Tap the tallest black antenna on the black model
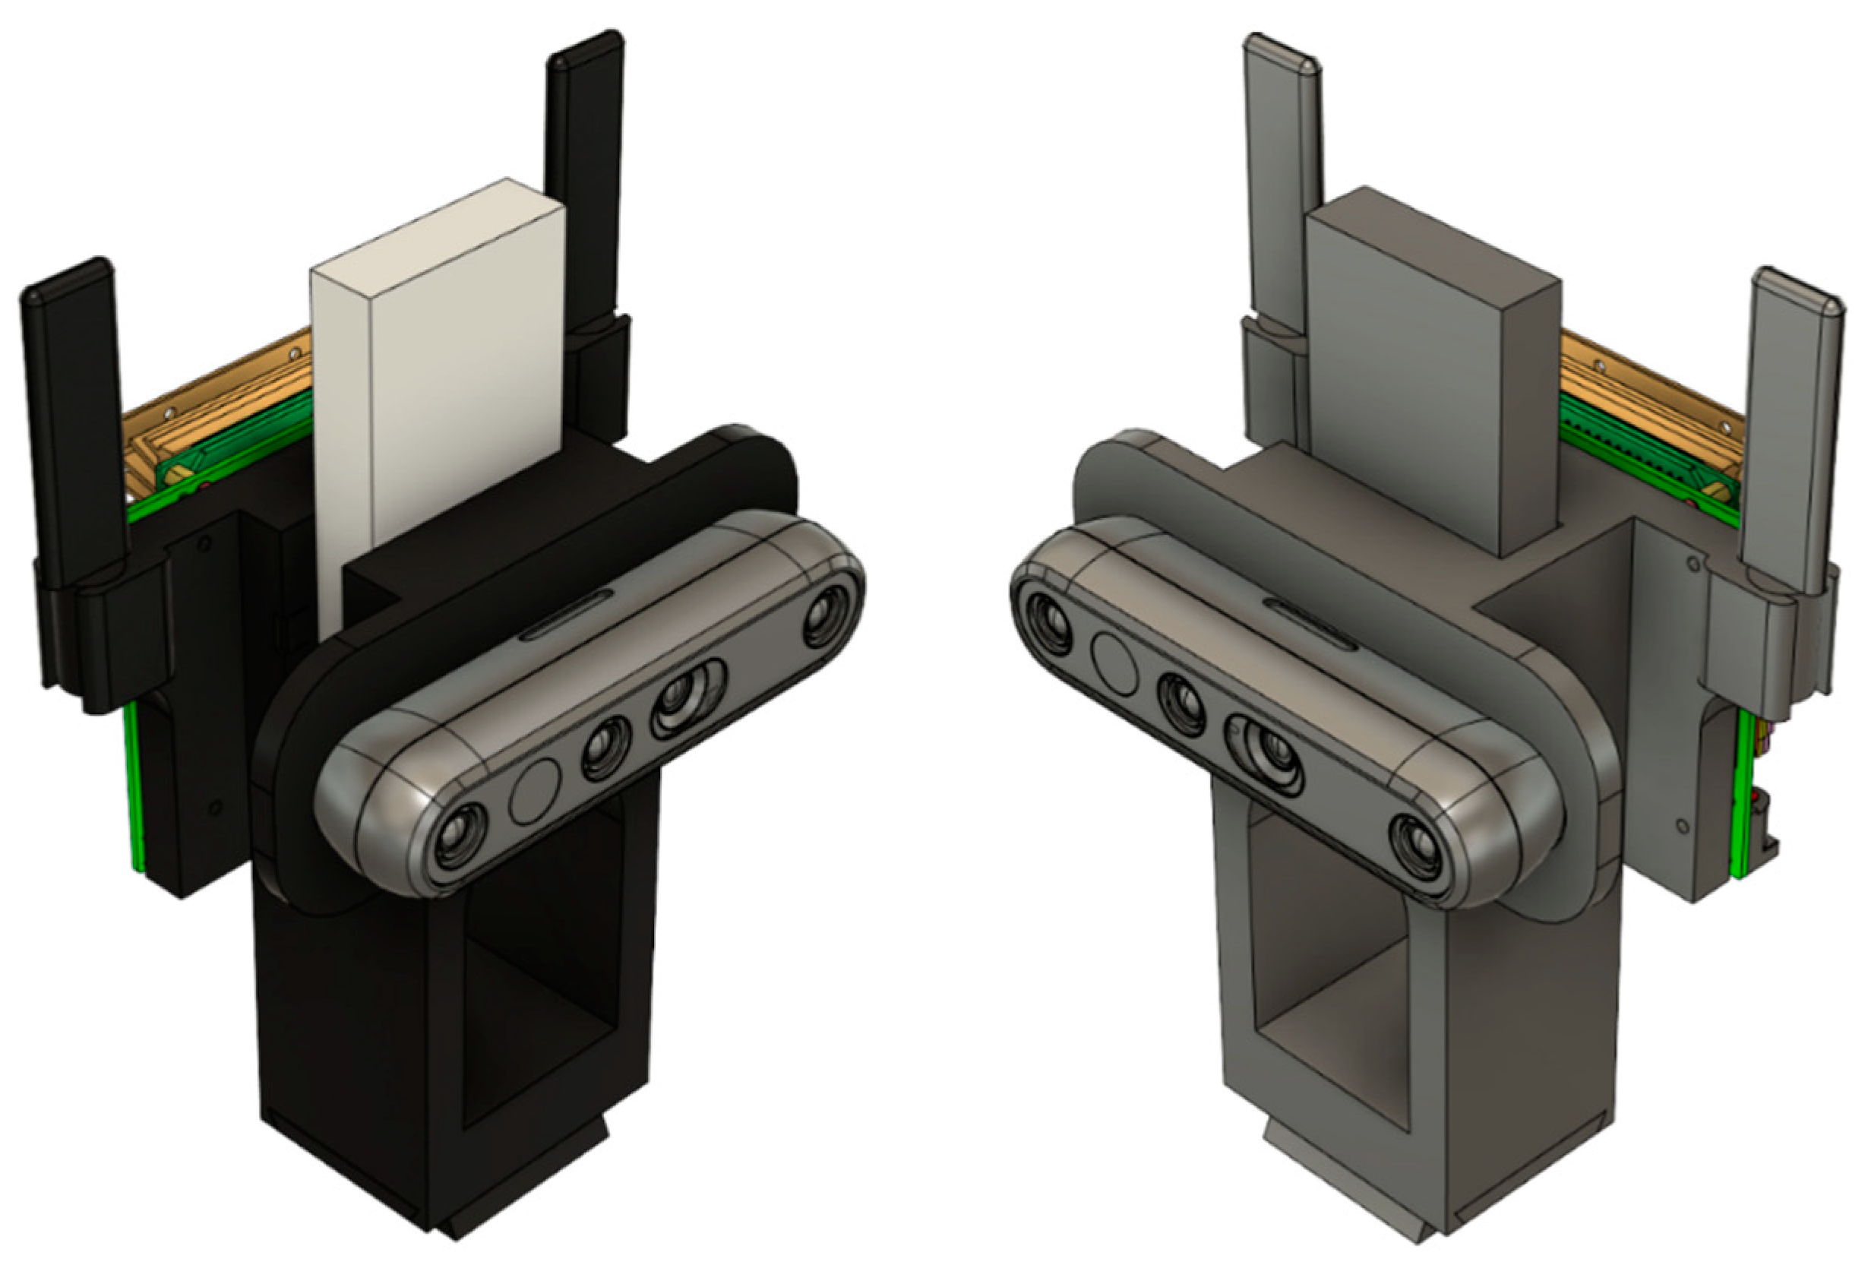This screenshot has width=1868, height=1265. (x=585, y=185)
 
